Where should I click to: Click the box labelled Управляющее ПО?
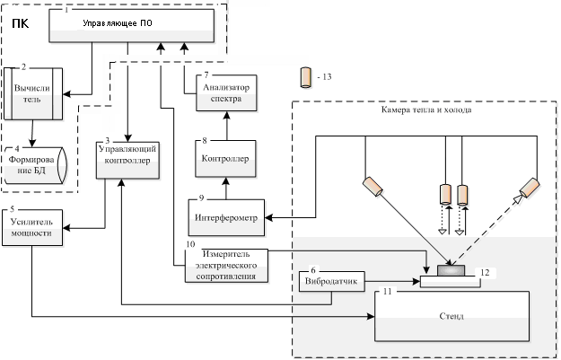coord(132,25)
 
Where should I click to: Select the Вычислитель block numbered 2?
coord(33,93)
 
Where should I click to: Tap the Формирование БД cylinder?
coord(35,165)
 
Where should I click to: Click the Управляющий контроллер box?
coord(127,161)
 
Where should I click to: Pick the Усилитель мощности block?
coord(32,228)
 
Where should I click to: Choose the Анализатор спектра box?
coord(226,93)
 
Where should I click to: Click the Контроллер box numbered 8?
coord(226,159)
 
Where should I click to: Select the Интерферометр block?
coord(226,217)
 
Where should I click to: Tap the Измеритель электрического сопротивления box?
coord(226,266)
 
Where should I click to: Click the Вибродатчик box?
coord(331,281)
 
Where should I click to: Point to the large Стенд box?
coord(451,316)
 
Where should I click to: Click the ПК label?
coord(21,24)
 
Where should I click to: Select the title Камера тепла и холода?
coord(426,110)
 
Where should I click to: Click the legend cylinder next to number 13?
coord(305,77)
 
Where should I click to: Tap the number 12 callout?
coord(485,273)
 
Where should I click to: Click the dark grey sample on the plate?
coord(451,270)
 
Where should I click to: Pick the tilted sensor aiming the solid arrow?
coord(373,187)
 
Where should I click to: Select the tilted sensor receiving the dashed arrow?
coord(530,188)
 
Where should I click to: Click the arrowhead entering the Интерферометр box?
coord(268,217)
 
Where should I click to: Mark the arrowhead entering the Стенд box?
coord(371,316)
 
